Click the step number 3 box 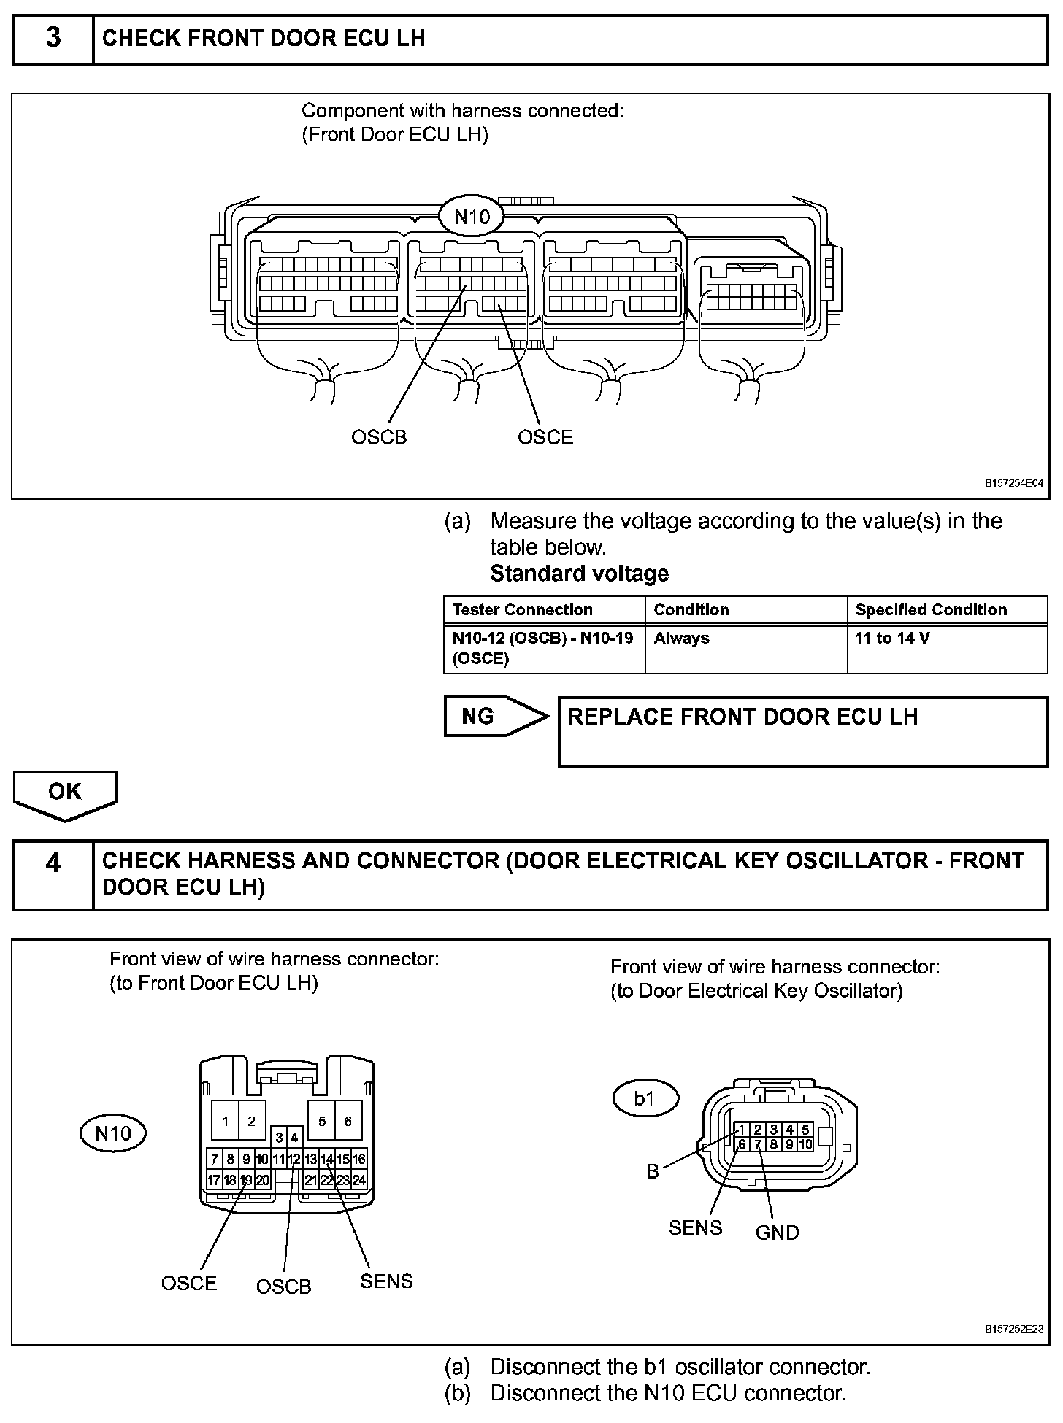click(53, 39)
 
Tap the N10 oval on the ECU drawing click(472, 217)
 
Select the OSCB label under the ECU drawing click(379, 437)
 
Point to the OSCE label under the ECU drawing click(545, 437)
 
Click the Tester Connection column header click(523, 609)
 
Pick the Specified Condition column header click(931, 609)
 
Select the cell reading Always click(682, 638)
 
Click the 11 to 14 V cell click(892, 638)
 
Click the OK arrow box click(65, 793)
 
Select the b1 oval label click(645, 1098)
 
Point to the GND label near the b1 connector click(777, 1233)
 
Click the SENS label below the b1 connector click(695, 1228)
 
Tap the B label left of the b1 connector click(653, 1171)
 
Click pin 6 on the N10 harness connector click(348, 1121)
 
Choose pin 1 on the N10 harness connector click(226, 1121)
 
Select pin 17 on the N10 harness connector click(214, 1180)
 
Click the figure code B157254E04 click(1014, 483)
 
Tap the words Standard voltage click(579, 574)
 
